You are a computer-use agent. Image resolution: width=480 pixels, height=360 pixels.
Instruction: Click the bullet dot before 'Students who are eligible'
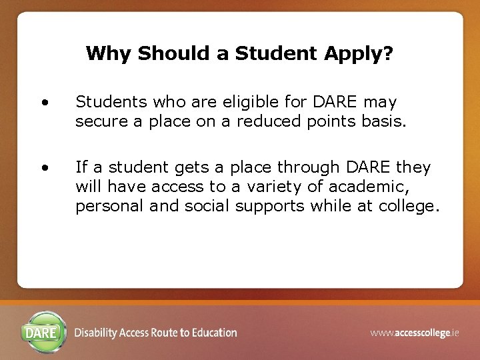[x=44, y=103]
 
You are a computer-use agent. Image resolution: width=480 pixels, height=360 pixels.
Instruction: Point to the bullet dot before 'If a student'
[x=44, y=168]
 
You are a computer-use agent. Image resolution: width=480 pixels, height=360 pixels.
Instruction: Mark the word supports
[x=271, y=207]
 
